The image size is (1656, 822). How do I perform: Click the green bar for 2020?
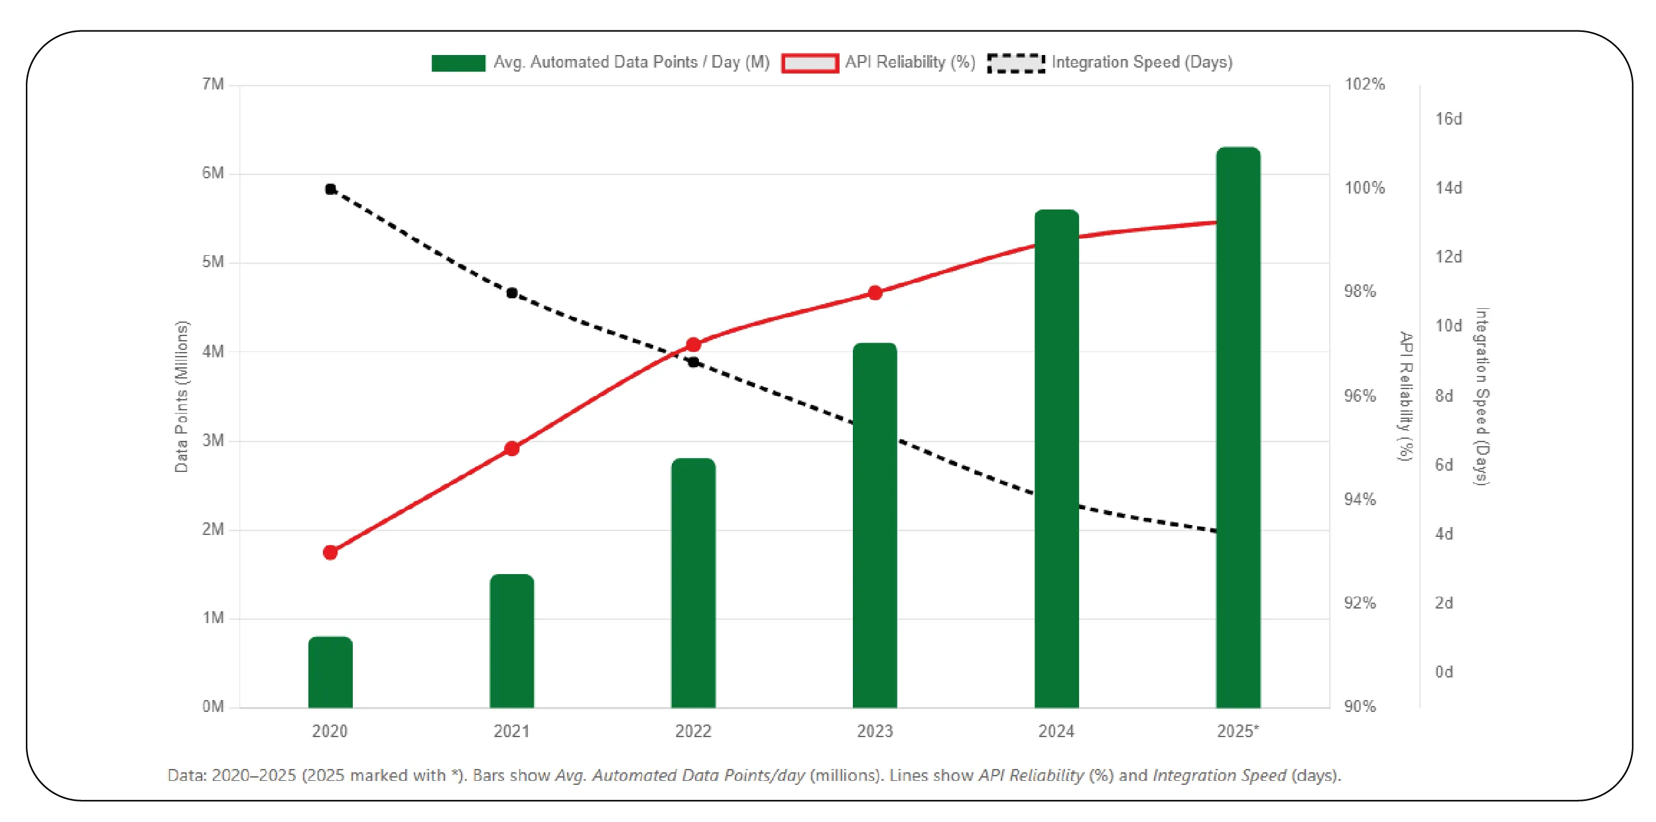point(330,672)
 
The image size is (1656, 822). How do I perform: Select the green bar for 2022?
point(693,583)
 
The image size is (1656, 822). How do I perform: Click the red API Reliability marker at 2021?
point(511,449)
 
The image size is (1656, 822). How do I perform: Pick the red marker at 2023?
point(875,293)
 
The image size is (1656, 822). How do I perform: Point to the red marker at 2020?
point(330,552)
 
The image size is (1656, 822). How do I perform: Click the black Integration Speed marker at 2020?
point(330,190)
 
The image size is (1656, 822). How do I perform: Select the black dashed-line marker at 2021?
point(511,293)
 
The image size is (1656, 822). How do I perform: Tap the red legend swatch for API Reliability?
point(809,63)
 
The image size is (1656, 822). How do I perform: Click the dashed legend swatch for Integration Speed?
point(1015,63)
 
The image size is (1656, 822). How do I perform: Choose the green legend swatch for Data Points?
point(458,63)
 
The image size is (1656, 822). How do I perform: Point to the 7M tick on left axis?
point(213,84)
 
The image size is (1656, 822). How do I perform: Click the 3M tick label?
point(213,440)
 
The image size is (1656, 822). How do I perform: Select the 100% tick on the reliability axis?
point(1364,188)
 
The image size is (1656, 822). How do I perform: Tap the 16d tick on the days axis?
point(1448,119)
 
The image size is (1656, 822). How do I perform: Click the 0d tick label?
point(1444,672)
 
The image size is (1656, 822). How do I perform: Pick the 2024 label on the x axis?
point(1056,731)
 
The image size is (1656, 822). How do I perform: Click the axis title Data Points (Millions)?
point(182,396)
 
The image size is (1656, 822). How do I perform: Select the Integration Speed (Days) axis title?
point(1482,396)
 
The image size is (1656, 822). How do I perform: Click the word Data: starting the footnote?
point(187,775)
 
